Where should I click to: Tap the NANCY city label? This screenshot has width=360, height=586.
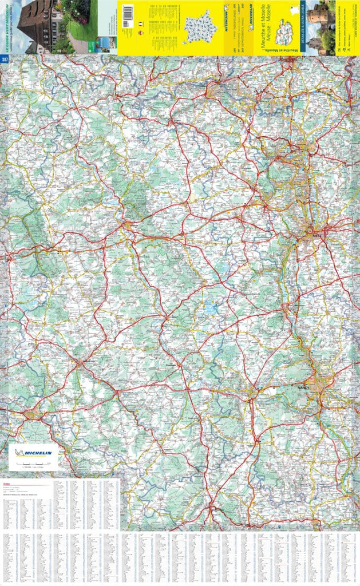(x=304, y=387)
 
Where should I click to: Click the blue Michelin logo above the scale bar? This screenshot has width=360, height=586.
(x=33, y=453)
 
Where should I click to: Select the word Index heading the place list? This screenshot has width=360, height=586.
(x=6, y=482)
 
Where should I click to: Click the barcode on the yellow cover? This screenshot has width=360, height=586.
(x=128, y=13)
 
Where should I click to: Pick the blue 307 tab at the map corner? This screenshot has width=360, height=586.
(x=5, y=60)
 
